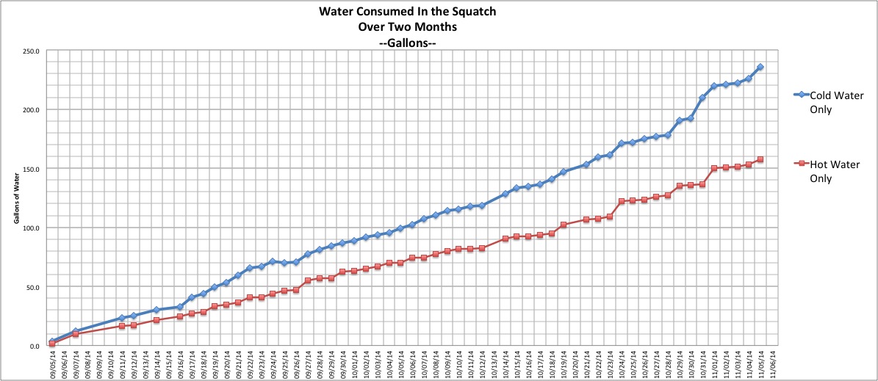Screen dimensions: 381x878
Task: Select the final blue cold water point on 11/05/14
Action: coord(760,67)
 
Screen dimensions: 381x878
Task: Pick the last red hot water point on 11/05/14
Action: coord(760,159)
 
